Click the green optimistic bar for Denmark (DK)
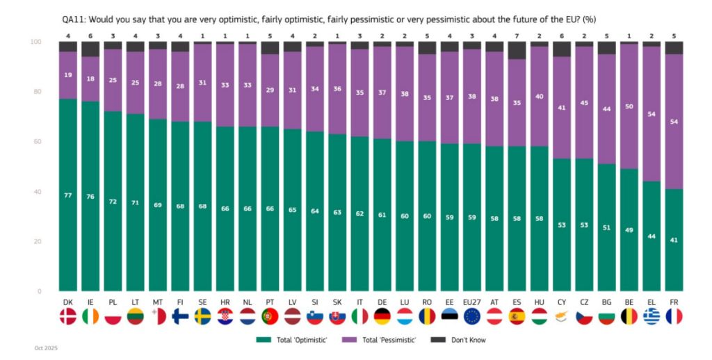pos(67,208)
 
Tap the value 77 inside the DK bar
pos(67,195)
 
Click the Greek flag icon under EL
pos(652,317)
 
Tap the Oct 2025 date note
pos(45,347)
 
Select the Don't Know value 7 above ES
pos(517,34)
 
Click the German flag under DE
pos(382,317)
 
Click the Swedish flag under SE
pos(202,317)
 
